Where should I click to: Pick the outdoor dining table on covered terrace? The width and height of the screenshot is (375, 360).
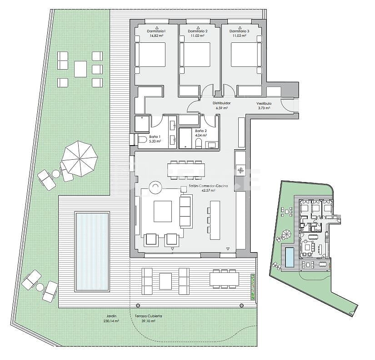point(224,278)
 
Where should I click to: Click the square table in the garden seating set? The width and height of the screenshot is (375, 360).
point(80,69)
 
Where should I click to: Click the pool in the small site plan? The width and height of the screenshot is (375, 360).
point(289,257)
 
